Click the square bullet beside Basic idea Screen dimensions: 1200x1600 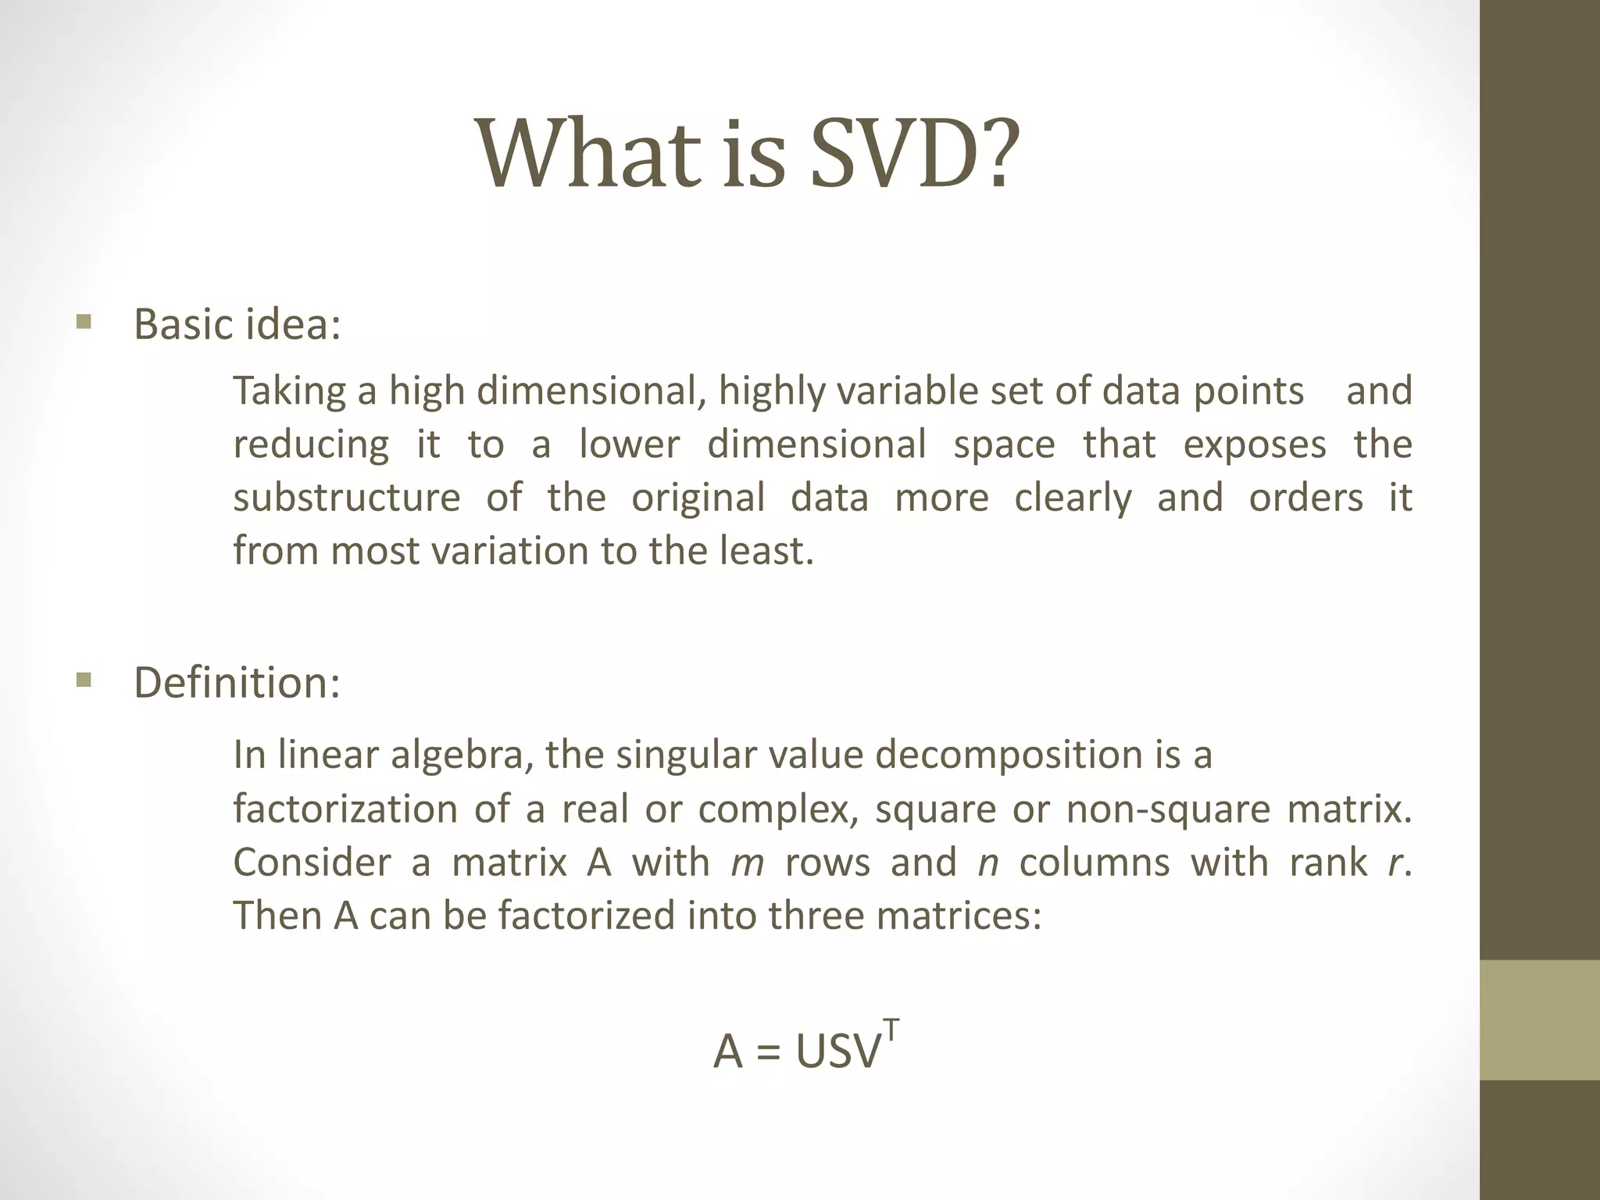pyautogui.click(x=84, y=322)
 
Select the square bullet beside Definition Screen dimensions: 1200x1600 pyautogui.click(x=84, y=680)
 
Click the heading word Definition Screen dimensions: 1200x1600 pyautogui.click(x=236, y=682)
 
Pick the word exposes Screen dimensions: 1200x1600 pyautogui.click(x=1254, y=445)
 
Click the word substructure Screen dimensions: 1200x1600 pyautogui.click(x=347, y=498)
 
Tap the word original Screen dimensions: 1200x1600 pyautogui.click(x=698, y=498)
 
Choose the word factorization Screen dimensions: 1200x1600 pyautogui.click(x=345, y=809)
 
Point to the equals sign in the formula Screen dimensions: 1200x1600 pyautogui.click(x=769, y=1052)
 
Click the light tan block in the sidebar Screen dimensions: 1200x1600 pyautogui.click(x=1540, y=1020)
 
